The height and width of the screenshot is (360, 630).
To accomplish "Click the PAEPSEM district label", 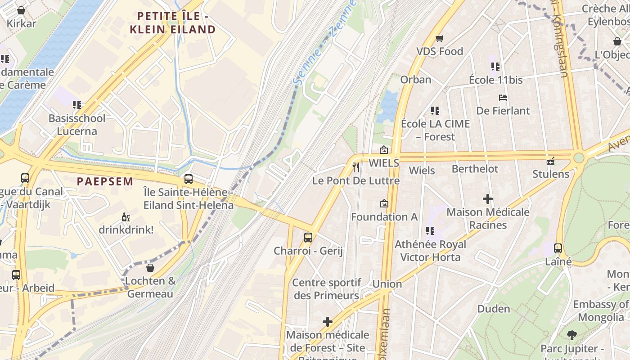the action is click(x=105, y=182).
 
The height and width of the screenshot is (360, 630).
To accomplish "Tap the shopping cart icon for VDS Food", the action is click(x=439, y=39).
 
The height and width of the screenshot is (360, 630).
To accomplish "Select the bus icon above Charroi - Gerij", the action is click(x=308, y=237).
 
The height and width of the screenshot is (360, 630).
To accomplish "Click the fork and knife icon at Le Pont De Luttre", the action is click(x=356, y=167).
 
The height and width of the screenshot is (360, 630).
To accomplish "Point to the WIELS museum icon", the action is click(x=384, y=150).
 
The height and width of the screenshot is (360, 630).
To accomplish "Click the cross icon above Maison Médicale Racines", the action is click(x=488, y=198).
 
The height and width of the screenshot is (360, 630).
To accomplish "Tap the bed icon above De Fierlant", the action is click(x=503, y=97).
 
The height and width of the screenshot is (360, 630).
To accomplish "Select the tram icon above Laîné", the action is click(x=558, y=248).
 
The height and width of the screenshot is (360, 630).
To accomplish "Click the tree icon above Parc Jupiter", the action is click(x=572, y=335).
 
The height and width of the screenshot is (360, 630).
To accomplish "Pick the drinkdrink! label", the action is click(x=126, y=229).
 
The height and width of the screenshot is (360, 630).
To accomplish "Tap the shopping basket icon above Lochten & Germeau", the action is click(x=150, y=268).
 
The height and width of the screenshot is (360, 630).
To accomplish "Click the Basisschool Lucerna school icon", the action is click(x=77, y=105).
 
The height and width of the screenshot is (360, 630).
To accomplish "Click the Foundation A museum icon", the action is click(x=384, y=203).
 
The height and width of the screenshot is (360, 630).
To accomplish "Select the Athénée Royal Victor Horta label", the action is click(x=430, y=251).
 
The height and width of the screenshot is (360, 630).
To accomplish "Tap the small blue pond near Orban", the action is click(x=388, y=107).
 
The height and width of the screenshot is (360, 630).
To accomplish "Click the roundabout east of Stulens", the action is click(x=579, y=158).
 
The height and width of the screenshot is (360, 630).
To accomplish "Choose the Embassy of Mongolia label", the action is click(x=601, y=311).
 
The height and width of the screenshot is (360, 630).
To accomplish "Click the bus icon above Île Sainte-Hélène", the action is click(x=189, y=179).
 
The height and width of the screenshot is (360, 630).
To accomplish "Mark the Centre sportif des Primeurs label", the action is click(x=327, y=289).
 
